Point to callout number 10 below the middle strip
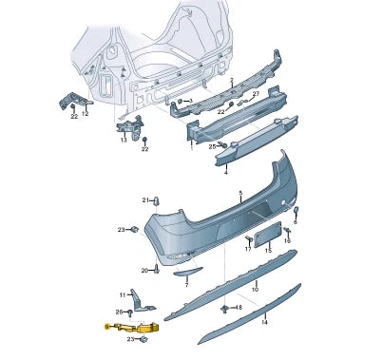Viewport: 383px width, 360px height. (255, 288)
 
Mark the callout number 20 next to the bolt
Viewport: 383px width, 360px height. (145, 271)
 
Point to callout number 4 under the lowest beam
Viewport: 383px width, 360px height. (225, 174)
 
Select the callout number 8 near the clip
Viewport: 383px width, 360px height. (239, 308)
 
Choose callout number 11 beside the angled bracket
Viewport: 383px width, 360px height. (123, 294)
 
